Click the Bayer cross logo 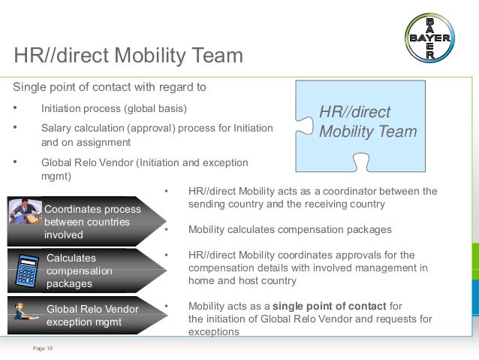coord(430,38)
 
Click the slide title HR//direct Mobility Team coord(128,56)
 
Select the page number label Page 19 coord(43,348)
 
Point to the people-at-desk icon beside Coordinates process coord(26,210)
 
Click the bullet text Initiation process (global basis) coord(113,107)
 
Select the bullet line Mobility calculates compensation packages coord(289,229)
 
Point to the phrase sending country coord(224,204)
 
